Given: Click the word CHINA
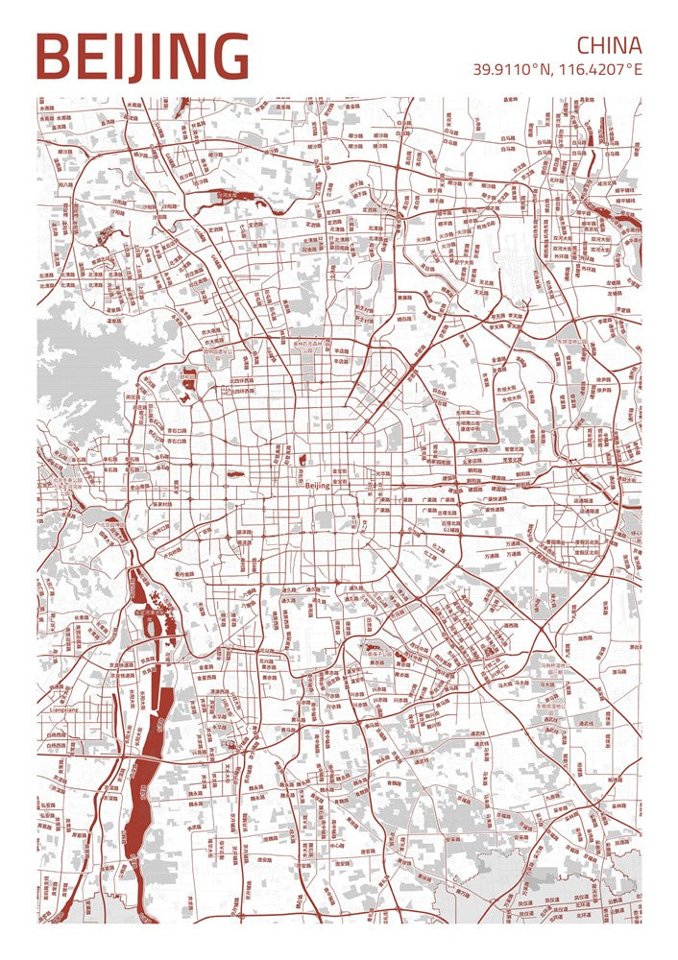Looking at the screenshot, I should (609, 45).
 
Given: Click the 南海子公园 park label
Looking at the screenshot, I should (379, 654).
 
